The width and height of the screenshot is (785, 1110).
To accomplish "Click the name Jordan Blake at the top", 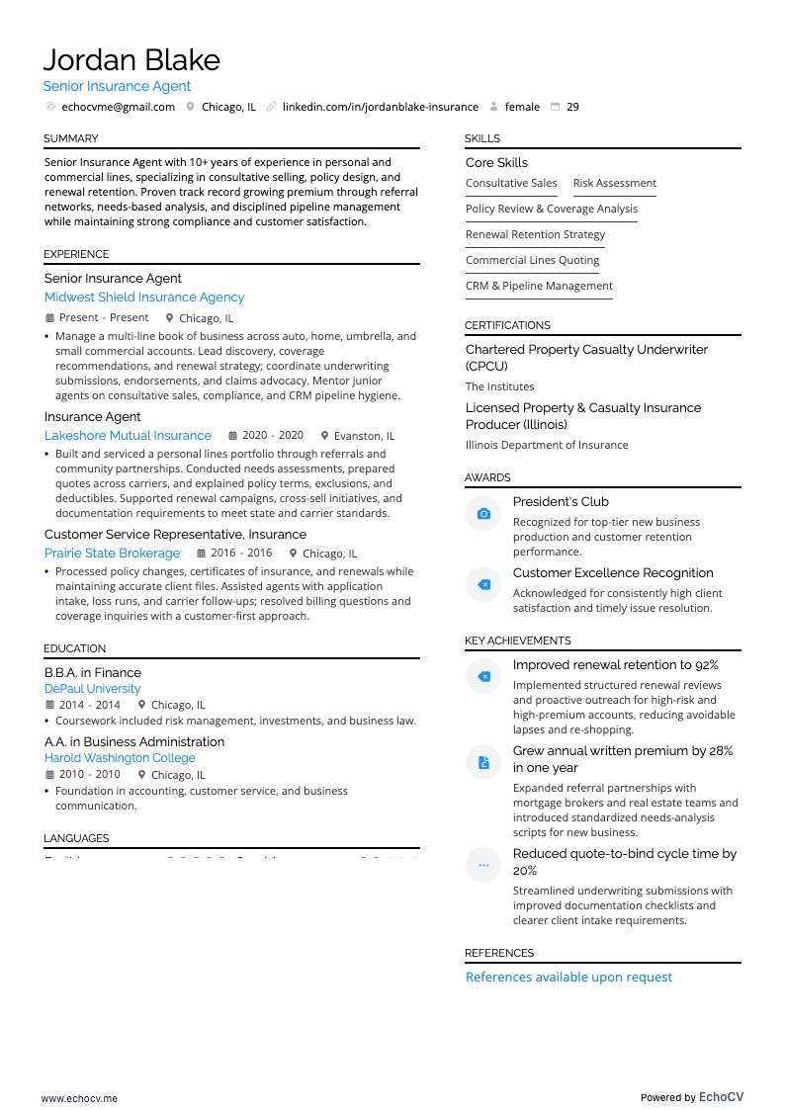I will (x=131, y=60).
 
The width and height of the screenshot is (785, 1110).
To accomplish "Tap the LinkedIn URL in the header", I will (x=380, y=107).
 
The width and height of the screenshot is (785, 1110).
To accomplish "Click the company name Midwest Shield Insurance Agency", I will (x=144, y=298).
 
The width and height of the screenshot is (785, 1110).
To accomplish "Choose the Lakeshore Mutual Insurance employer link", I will (x=128, y=436).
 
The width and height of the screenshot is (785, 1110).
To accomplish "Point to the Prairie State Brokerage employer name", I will (x=112, y=554).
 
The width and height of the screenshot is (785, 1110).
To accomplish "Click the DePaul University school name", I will (x=92, y=689).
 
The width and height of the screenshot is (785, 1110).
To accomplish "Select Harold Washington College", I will (x=120, y=758).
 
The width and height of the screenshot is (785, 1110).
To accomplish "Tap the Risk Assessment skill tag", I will (x=614, y=183).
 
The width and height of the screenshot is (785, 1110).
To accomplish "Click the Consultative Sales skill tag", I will (x=511, y=183).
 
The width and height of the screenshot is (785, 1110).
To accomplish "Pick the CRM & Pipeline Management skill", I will (x=539, y=286).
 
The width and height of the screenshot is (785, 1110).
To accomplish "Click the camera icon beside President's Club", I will (x=483, y=514).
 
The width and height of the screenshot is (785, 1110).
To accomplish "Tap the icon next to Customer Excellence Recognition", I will (x=483, y=585).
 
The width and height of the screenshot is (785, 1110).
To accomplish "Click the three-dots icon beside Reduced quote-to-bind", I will (x=483, y=865).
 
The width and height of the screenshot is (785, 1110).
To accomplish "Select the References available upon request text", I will (x=568, y=978).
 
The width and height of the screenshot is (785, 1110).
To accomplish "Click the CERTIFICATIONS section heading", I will (x=507, y=325).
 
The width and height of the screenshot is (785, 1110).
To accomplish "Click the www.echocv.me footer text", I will (x=79, y=1098).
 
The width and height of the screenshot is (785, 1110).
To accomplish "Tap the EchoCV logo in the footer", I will (x=721, y=1097).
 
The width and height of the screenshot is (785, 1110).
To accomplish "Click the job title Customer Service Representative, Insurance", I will (x=175, y=535).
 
